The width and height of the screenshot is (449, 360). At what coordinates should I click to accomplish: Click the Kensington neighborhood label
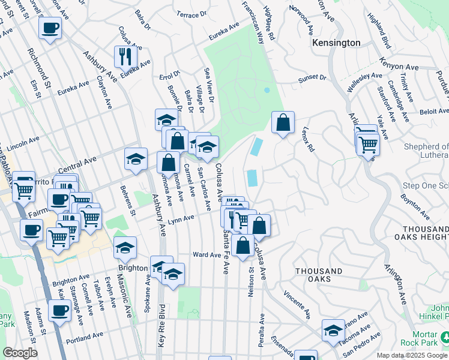[336, 43]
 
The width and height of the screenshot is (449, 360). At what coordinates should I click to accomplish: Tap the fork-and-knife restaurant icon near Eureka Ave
[126, 57]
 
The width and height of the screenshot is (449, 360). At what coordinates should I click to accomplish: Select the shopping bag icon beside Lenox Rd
[283, 123]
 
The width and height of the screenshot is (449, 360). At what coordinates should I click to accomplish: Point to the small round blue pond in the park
[267, 91]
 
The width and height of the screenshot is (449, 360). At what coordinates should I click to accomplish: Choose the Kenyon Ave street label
[399, 64]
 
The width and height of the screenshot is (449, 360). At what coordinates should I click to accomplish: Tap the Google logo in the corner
[19, 353]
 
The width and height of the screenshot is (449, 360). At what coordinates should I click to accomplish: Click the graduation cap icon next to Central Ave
[136, 159]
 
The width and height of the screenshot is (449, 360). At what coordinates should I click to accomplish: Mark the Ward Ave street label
[207, 254]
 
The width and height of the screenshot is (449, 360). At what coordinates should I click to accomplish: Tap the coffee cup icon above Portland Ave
[59, 311]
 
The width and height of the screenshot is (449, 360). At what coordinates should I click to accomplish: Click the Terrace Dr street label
[192, 13]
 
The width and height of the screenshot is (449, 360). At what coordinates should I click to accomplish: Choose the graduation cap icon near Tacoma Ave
[333, 330]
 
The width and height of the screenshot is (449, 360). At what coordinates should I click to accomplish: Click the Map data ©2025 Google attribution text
[412, 355]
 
